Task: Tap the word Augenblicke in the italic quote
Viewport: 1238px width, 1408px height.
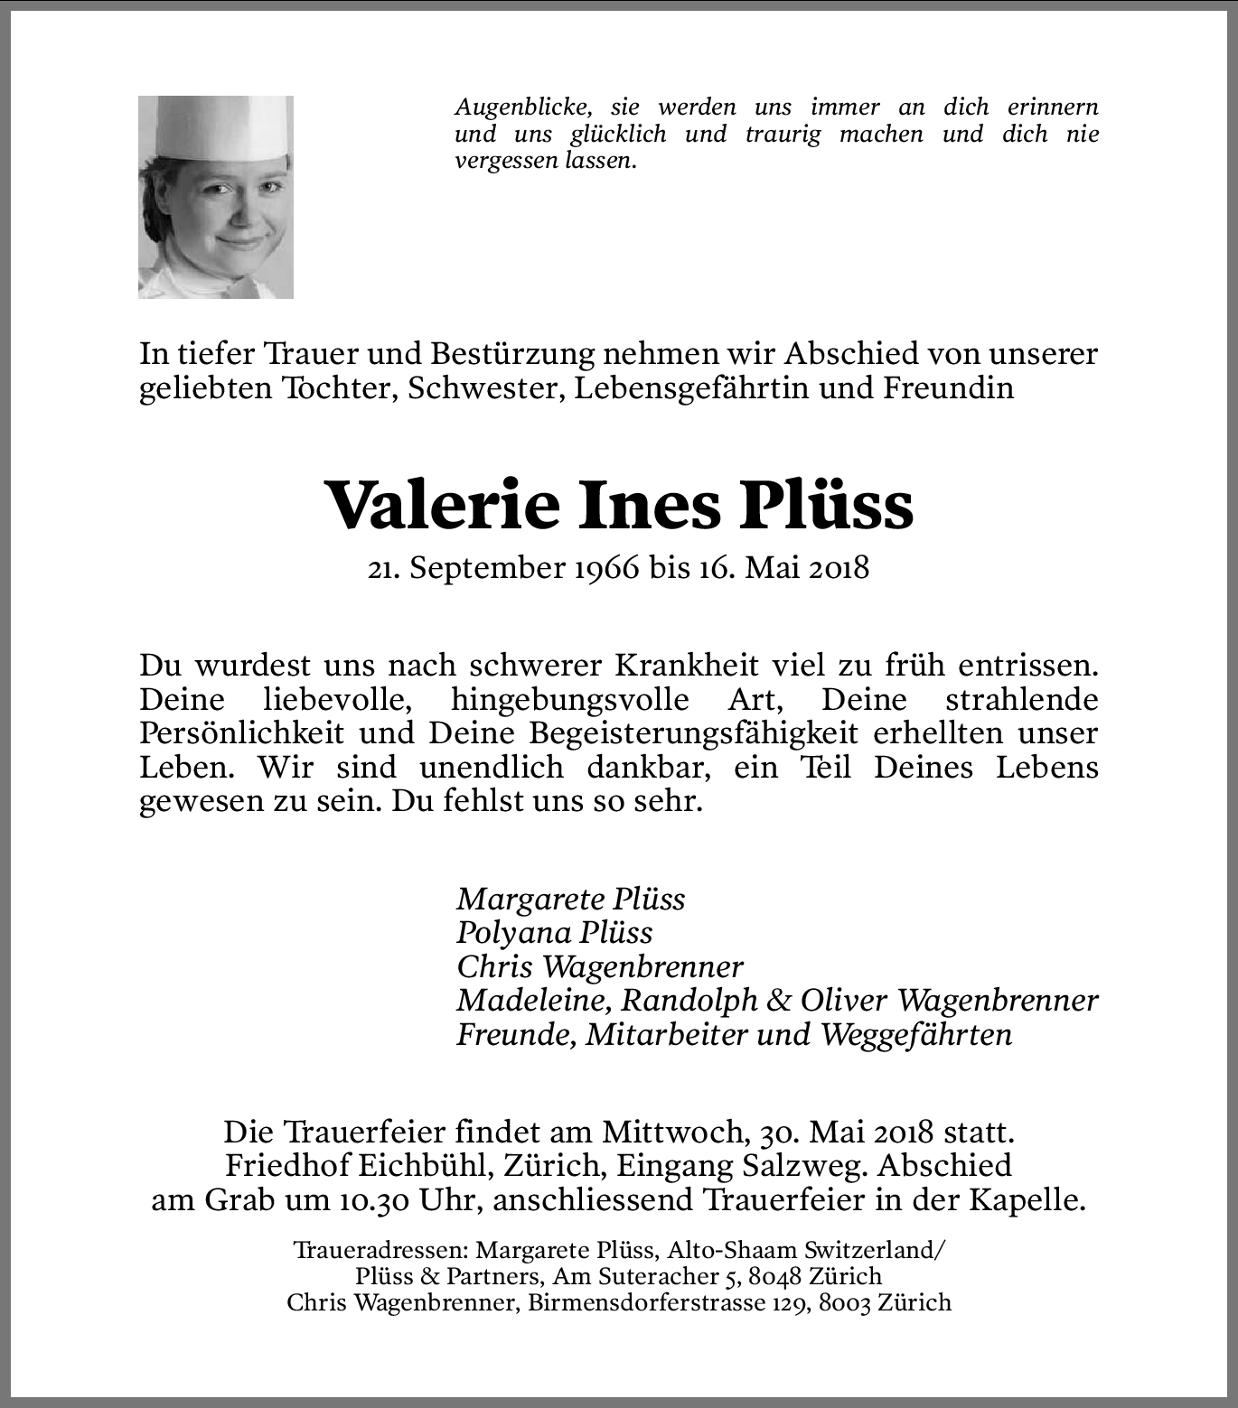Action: click(523, 107)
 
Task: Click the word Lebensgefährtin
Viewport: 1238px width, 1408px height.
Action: click(692, 387)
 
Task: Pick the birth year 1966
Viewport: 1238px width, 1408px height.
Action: click(605, 568)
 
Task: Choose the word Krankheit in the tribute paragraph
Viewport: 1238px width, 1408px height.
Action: click(687, 665)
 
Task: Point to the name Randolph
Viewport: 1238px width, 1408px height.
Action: click(689, 1001)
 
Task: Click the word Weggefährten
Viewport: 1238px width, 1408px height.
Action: click(915, 1035)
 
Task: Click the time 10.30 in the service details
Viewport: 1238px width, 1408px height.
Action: click(375, 1200)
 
